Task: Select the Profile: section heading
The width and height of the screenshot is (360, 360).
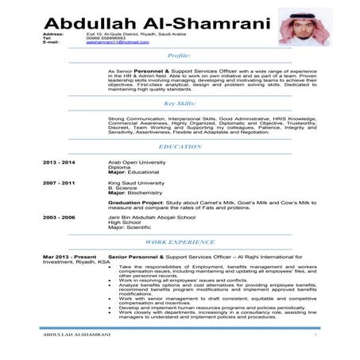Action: [179, 56]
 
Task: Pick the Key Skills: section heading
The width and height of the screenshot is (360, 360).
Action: [179, 103]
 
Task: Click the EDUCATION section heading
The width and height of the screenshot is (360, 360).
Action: [180, 147]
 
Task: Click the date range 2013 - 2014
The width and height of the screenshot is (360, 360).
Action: [60, 161]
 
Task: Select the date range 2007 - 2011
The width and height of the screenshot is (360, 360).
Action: [60, 183]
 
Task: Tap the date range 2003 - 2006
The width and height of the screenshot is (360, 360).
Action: [60, 217]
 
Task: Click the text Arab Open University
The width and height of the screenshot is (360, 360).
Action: [137, 161]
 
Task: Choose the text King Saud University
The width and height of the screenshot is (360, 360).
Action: [137, 183]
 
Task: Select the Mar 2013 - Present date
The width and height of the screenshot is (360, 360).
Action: [69, 257]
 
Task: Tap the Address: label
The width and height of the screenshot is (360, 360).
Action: [53, 35]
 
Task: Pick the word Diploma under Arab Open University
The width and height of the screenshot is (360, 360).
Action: [119, 166]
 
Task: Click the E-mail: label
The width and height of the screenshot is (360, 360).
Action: [52, 42]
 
